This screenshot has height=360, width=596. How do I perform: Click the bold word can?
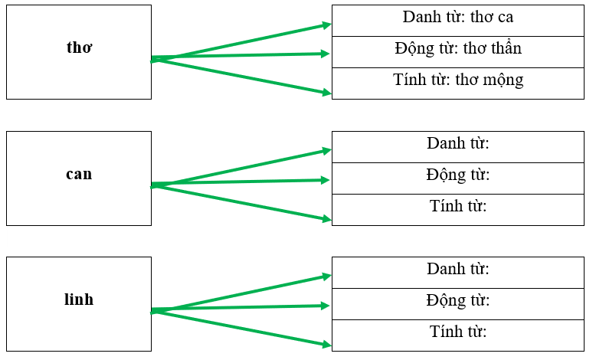pyautogui.click(x=79, y=174)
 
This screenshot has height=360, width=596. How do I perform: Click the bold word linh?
pyautogui.click(x=79, y=299)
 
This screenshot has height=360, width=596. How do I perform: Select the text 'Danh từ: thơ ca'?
pyautogui.click(x=458, y=17)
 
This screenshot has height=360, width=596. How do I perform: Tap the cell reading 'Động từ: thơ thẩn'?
pyautogui.click(x=458, y=49)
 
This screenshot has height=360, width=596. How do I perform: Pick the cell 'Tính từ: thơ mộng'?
pyautogui.click(x=458, y=80)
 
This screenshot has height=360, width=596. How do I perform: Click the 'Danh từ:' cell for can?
pyautogui.click(x=458, y=143)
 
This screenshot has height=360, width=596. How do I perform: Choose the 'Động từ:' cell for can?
pyautogui.click(x=458, y=175)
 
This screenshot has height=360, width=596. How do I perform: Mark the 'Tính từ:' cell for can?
pyautogui.click(x=458, y=206)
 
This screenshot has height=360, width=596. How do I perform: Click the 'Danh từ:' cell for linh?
pyautogui.click(x=458, y=269)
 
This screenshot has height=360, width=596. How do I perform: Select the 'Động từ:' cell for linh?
pyautogui.click(x=458, y=300)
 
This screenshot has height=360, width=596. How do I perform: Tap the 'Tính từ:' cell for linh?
pyautogui.click(x=458, y=332)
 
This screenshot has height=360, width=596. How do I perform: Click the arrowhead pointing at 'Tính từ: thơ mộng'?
pyautogui.click(x=326, y=93)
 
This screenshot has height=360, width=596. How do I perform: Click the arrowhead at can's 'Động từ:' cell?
pyautogui.click(x=326, y=180)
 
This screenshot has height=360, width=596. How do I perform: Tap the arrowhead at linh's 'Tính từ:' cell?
pyautogui.click(x=326, y=345)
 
